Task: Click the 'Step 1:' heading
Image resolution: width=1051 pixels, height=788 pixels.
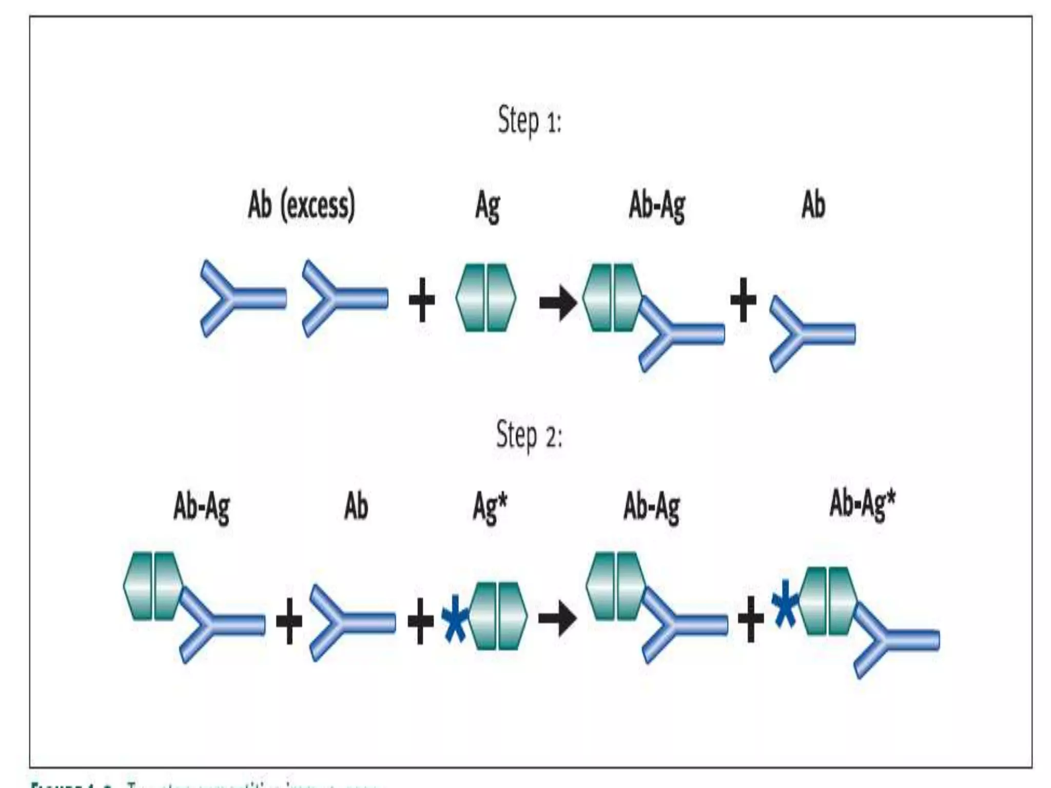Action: click(x=530, y=121)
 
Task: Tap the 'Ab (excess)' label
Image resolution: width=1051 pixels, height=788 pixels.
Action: click(x=301, y=206)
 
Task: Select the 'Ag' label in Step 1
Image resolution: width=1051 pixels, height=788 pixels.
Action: click(x=487, y=207)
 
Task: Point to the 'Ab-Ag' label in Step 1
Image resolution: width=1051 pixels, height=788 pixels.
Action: click(x=657, y=207)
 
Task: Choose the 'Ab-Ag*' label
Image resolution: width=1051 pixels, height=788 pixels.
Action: click(x=862, y=504)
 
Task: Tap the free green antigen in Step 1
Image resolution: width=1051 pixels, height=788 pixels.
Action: click(x=486, y=298)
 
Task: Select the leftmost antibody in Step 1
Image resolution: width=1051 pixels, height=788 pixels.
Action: click(x=241, y=298)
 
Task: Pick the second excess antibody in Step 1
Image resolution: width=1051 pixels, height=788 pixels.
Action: click(x=343, y=298)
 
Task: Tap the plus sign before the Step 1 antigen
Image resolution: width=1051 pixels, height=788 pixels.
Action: click(x=421, y=301)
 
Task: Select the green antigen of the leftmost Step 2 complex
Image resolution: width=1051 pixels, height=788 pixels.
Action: click(x=153, y=586)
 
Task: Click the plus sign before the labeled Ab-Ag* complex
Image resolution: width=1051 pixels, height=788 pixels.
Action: click(x=750, y=622)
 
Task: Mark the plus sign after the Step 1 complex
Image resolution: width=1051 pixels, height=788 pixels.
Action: click(x=743, y=300)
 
